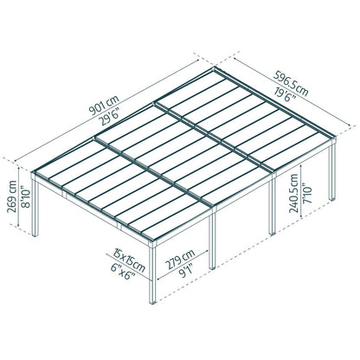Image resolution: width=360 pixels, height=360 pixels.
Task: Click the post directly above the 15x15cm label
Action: [152, 260]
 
